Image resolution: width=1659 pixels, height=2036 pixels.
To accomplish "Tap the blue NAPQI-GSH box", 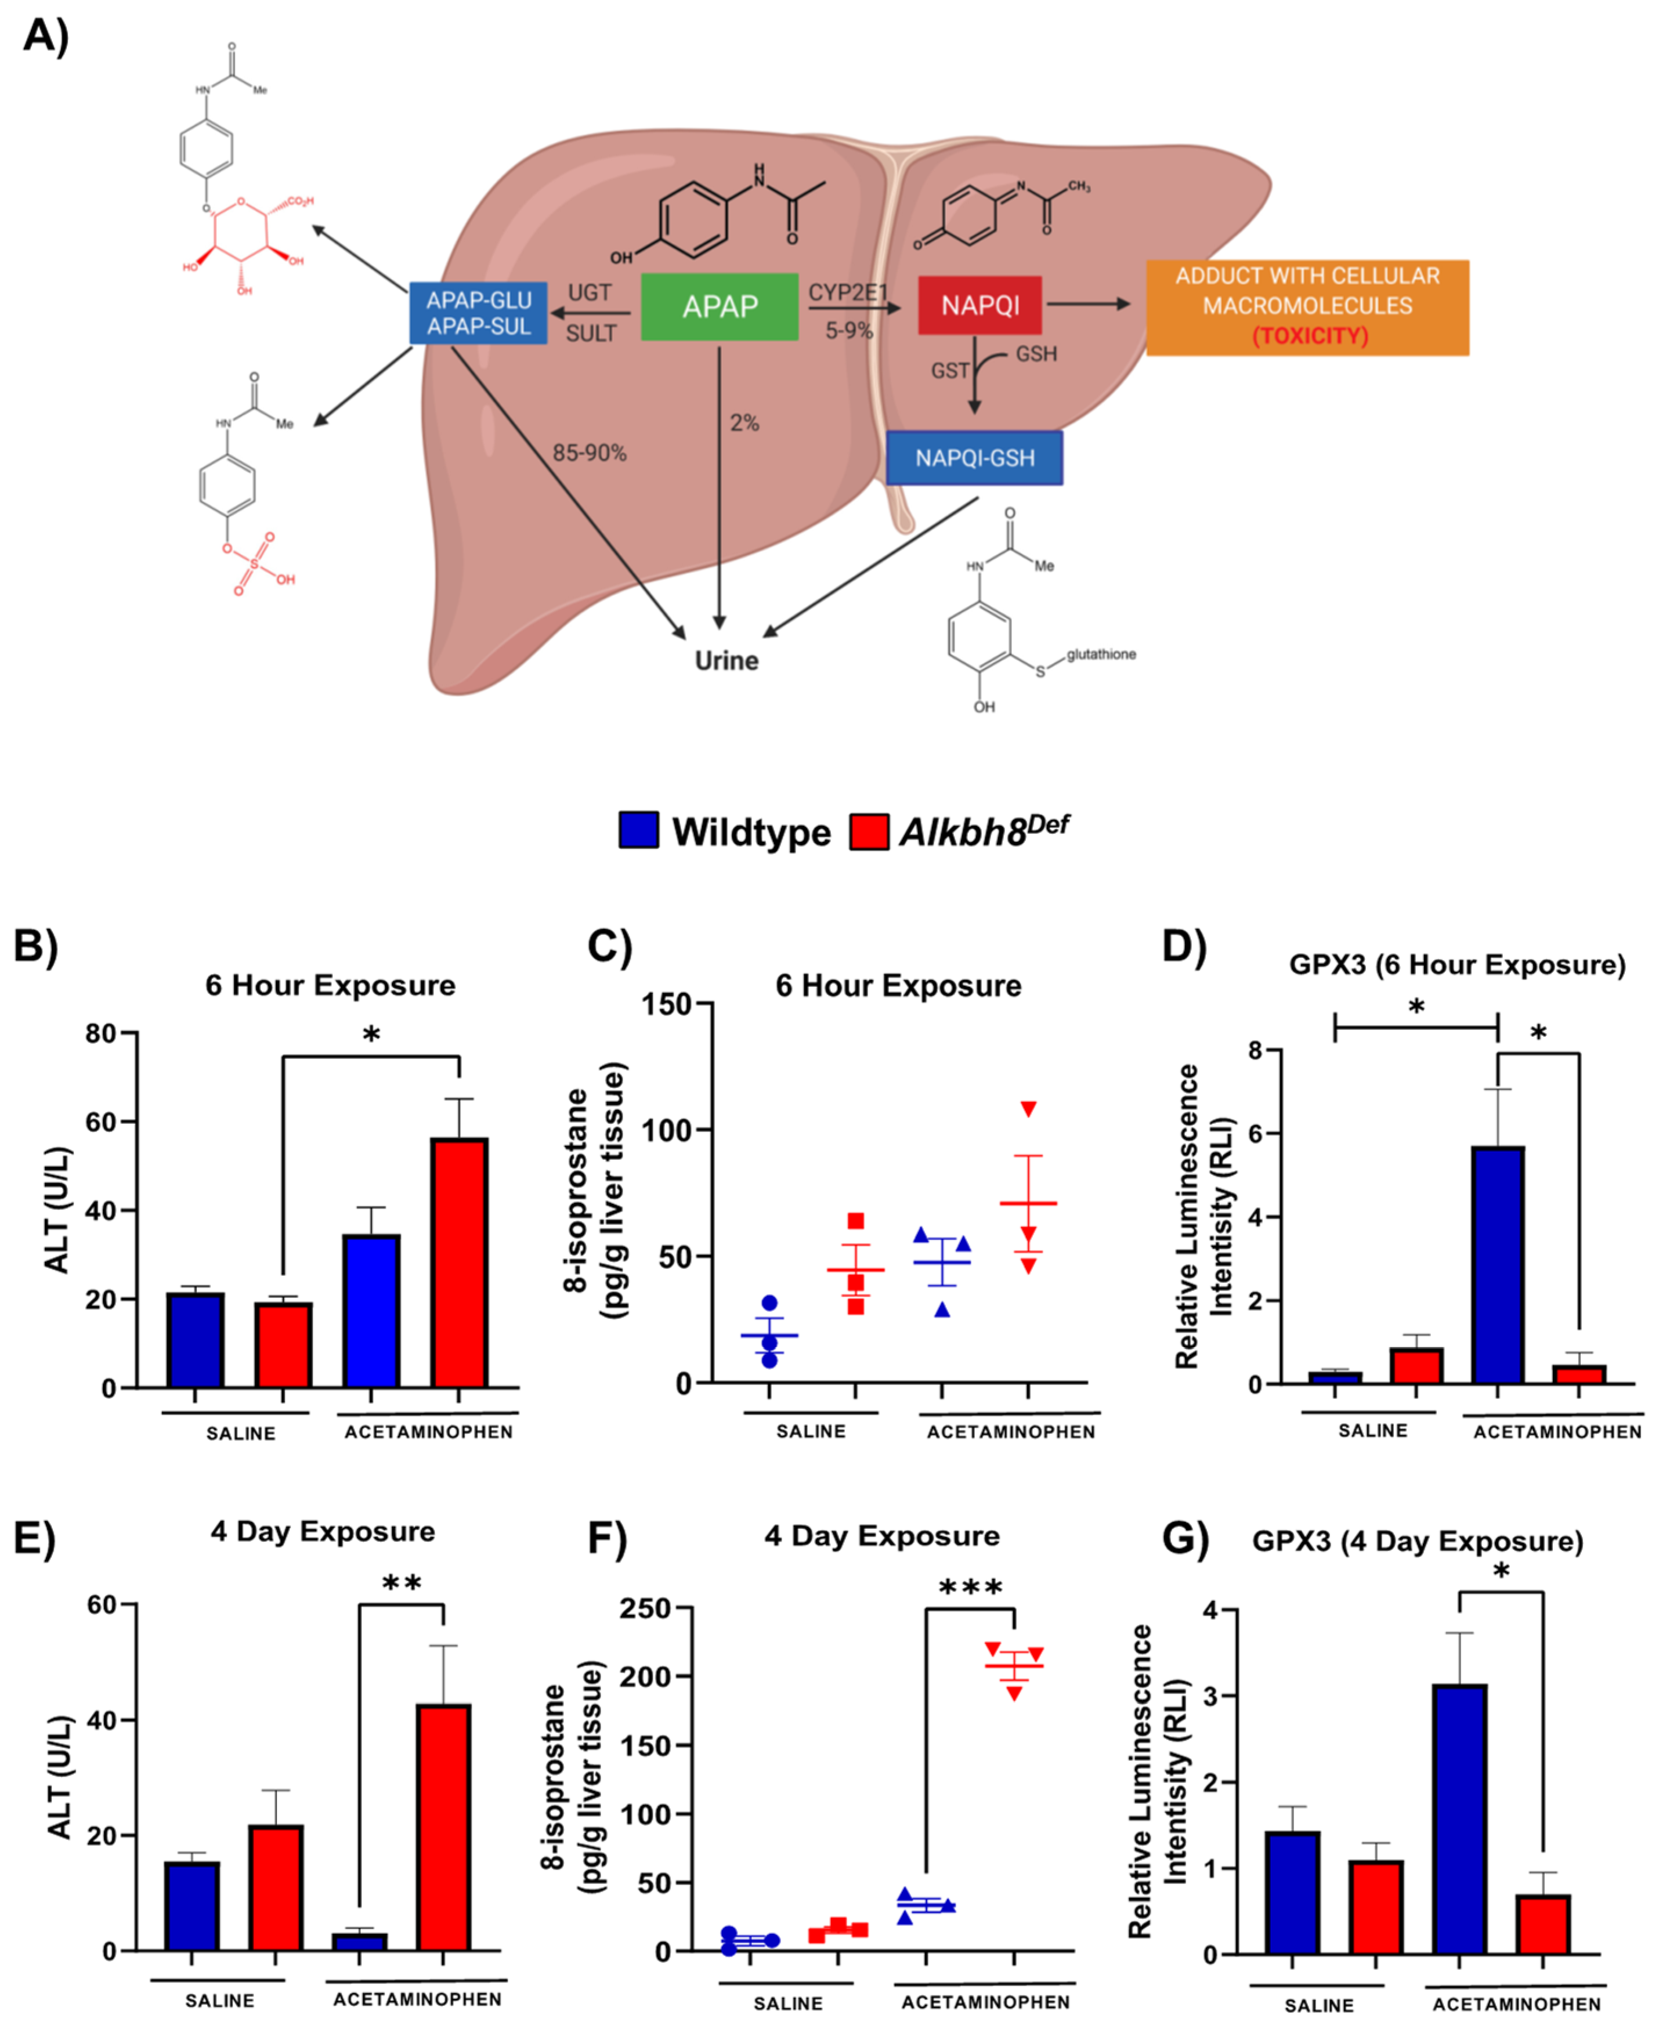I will pyautogui.click(x=974, y=458).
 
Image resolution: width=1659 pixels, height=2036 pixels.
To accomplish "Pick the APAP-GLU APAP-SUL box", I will pyautogui.click(x=478, y=312).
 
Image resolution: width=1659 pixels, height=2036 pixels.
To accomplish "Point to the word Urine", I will pyautogui.click(x=727, y=660).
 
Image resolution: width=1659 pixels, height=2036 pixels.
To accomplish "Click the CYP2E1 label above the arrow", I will pyautogui.click(x=848, y=292).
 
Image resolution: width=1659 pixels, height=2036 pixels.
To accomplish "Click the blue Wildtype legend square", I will pyautogui.click(x=638, y=830).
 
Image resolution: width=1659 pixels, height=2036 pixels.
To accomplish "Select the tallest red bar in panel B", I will pyautogui.click(x=459, y=1261).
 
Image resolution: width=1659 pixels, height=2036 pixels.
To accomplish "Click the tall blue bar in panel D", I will pyautogui.click(x=1498, y=1264).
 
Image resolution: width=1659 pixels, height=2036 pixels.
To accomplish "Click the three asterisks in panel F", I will pyautogui.click(x=970, y=1589).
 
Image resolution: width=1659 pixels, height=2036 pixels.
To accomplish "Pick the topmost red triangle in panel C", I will pyautogui.click(x=1028, y=1109).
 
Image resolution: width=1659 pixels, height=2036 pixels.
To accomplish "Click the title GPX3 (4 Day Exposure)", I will pyautogui.click(x=1417, y=1541).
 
